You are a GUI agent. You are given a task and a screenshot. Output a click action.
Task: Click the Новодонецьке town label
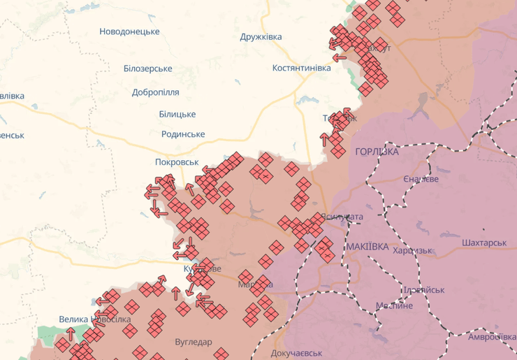coord(129,31)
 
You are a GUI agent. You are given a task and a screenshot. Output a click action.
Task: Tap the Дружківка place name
coord(261,37)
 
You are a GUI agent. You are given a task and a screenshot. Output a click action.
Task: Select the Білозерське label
coord(147,69)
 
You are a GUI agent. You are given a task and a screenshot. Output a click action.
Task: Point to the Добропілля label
coord(155,92)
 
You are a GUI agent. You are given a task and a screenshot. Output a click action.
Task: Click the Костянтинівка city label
coord(302,68)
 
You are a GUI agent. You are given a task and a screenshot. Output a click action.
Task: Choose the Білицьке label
coord(177,114)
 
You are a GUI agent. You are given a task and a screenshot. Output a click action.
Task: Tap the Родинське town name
coord(183,134)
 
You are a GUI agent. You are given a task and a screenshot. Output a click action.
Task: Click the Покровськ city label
coord(177,161)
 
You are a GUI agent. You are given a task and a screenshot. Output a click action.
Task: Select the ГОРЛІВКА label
coord(377,152)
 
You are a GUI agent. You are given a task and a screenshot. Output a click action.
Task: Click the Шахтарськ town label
coord(483,243)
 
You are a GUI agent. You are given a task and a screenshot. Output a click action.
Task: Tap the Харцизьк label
coord(413,251)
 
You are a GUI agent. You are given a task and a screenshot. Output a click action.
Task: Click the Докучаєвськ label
coord(297,354)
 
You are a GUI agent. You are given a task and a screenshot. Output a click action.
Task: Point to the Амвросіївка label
coord(492,337)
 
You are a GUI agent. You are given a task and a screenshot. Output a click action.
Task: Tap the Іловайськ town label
coord(424,289)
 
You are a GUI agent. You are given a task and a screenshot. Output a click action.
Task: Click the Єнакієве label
coord(421,180)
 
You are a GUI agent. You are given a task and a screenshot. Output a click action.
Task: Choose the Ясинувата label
coord(342,217)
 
